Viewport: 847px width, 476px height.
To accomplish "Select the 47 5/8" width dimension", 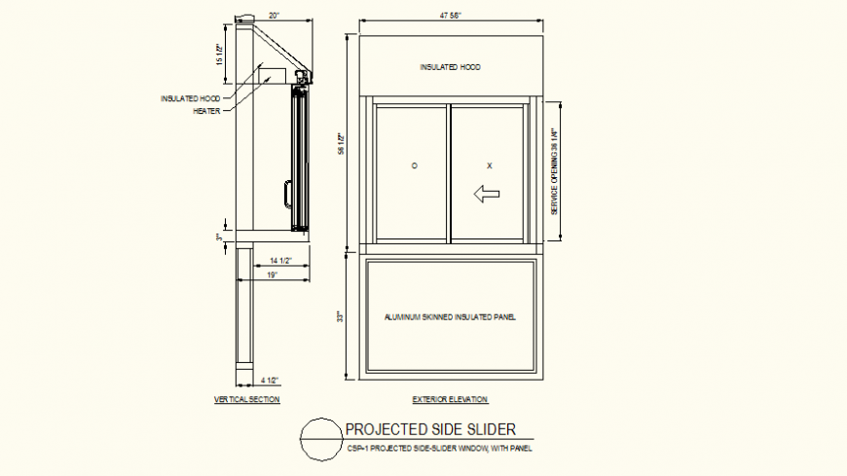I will pos(450,16).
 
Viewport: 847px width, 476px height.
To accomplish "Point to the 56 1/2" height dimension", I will pos(341,143).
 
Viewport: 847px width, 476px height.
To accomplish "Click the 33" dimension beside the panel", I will pos(341,317).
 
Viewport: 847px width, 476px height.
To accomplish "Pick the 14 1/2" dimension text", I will pos(281,261).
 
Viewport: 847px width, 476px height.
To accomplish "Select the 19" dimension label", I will pos(274,275).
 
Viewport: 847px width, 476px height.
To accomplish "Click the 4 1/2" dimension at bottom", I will pos(270,380).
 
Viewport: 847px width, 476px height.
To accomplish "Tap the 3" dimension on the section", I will pos(220,236).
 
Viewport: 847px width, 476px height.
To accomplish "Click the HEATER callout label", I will pos(206,110).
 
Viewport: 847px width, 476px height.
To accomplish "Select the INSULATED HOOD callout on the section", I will pos(191,98).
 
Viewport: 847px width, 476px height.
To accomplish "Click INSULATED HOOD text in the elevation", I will pos(450,67).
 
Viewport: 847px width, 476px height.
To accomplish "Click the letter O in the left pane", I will pos(414,165).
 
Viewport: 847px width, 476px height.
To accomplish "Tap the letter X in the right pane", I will pos(489,165).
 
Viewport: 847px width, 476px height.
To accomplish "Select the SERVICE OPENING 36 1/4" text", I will pos(554,171).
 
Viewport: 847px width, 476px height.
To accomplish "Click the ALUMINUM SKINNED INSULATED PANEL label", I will pos(449,317).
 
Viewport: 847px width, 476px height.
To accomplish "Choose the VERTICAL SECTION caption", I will pos(246,399).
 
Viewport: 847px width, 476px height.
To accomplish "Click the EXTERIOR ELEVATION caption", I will pos(450,399).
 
